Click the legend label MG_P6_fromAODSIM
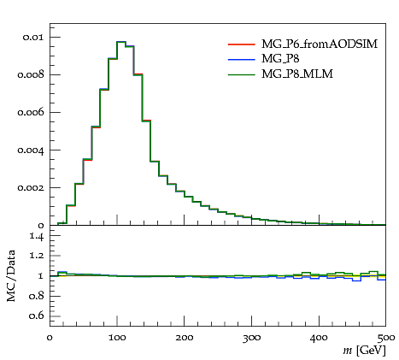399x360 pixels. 320,44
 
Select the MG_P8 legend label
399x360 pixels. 280,59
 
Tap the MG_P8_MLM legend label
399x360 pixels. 297,74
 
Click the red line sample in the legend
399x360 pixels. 241,44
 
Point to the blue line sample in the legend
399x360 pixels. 241,60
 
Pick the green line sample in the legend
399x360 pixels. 241,74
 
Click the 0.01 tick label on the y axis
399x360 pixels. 33,38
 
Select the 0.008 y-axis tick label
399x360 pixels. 31,75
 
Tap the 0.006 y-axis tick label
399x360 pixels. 31,112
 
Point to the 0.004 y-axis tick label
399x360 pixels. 31,150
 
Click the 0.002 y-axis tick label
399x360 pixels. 31,188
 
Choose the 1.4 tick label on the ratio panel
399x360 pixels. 37,236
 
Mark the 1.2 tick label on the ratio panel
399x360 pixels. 37,256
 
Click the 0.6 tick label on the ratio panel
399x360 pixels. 37,316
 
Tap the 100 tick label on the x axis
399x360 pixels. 117,338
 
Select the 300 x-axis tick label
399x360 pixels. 252,338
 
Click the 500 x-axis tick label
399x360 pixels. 386,338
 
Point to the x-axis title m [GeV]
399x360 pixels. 365,351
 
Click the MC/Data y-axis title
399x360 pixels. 11,275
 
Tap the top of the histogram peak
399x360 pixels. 121,42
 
